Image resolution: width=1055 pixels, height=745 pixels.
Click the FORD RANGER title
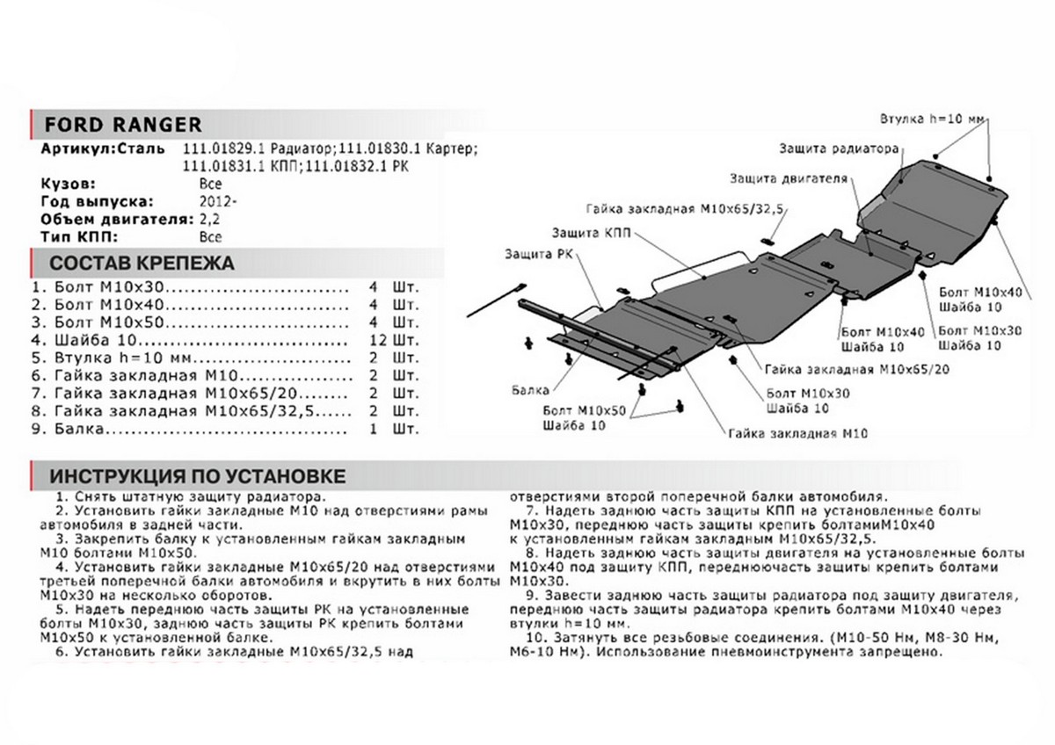point(123,124)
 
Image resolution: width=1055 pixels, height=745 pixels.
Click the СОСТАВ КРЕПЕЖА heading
point(141,263)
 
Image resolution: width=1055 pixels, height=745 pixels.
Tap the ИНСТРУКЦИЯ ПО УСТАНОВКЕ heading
point(197,476)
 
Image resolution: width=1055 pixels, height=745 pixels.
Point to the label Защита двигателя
point(788,178)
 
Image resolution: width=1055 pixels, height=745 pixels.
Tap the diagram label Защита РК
point(530,254)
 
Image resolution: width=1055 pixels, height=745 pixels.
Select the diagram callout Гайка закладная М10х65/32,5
point(689,210)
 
